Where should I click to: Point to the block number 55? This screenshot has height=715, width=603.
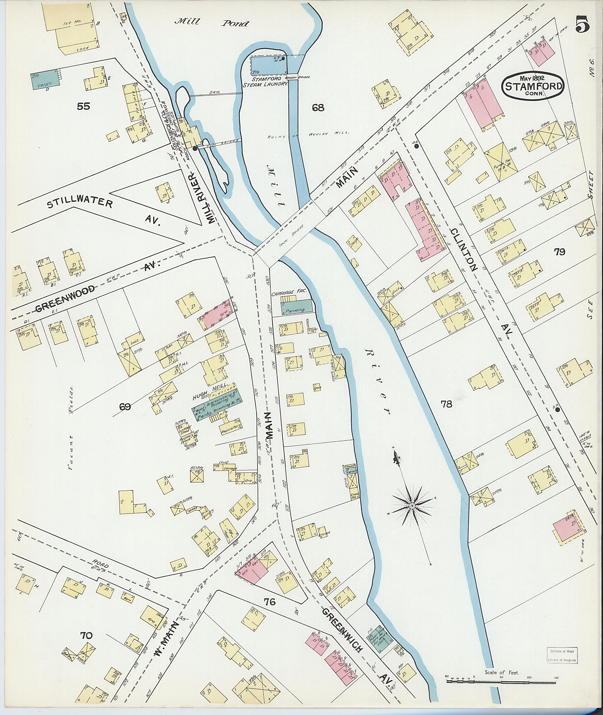[x=83, y=106]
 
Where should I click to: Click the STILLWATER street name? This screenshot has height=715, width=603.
[x=80, y=204]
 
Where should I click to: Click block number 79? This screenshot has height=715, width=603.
[x=560, y=252]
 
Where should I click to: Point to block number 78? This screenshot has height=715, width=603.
[x=446, y=404]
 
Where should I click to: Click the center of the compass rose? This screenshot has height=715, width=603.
[x=412, y=505]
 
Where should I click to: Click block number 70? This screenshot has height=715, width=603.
[x=86, y=635]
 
